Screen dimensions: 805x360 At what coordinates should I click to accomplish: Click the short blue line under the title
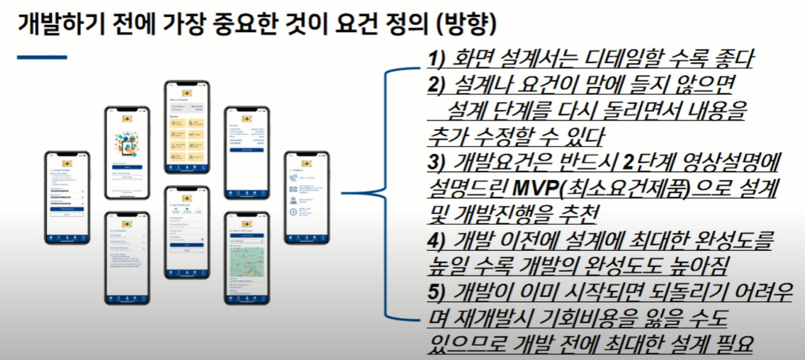(x=42, y=57)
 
